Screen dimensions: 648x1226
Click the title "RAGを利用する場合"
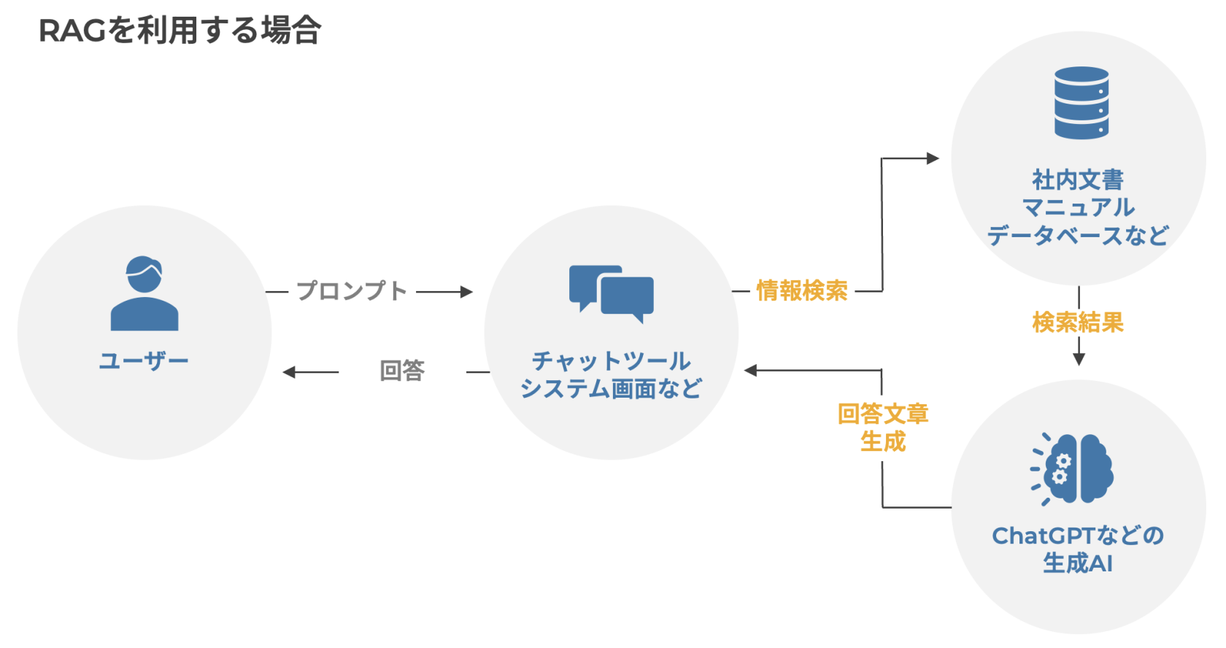180,31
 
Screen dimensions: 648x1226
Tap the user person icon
144,293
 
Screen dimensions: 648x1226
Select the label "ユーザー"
144,360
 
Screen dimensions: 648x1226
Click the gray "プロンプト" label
351,291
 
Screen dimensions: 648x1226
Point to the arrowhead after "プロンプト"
466,292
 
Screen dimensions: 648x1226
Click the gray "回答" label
402,371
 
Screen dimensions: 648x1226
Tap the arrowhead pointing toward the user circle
290,372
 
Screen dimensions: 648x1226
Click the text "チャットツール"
612,360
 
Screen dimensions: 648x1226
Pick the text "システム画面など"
612,388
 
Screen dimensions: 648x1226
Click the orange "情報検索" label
802,291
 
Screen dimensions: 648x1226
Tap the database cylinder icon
1082,103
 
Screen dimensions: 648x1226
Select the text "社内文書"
1078,180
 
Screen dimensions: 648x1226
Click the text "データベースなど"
1078,236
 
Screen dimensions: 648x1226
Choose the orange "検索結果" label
1078,323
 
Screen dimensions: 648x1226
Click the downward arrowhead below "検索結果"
1079,359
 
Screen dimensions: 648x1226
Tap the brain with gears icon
1073,468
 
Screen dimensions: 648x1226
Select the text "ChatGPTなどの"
1078,536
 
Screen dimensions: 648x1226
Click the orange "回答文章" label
883,414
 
